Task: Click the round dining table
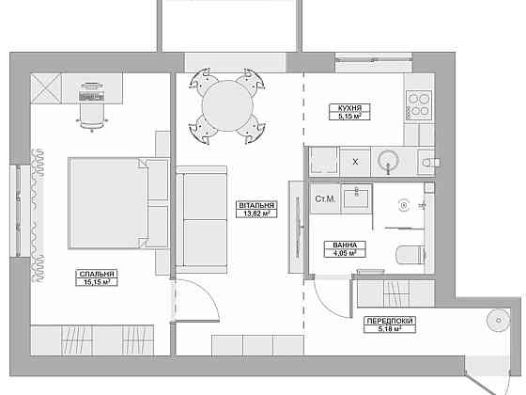pyautogui.click(x=227, y=105)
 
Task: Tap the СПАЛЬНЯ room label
pyautogui.click(x=97, y=274)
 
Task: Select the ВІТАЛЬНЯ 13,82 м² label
pyautogui.click(x=256, y=209)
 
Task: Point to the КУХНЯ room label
pyautogui.click(x=349, y=108)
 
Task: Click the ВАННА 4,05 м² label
pyautogui.click(x=345, y=249)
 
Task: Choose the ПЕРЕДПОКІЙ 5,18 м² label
pyautogui.click(x=390, y=324)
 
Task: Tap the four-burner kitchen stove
pyautogui.click(x=419, y=105)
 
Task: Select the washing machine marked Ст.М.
pyautogui.click(x=325, y=198)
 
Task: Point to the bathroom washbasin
pyautogui.click(x=357, y=198)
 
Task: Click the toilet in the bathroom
pyautogui.click(x=410, y=255)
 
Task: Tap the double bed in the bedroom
pyautogui.click(x=118, y=203)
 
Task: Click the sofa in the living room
pyautogui.click(x=201, y=219)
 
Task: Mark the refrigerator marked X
pyautogui.click(x=355, y=162)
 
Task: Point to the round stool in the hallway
pyautogui.click(x=498, y=321)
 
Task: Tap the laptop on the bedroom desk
pyautogui.click(x=91, y=92)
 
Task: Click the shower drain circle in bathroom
pyautogui.click(x=404, y=205)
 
